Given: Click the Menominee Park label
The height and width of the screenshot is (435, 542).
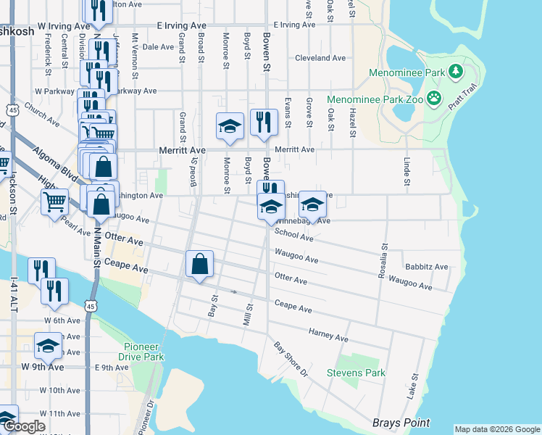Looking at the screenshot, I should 406,72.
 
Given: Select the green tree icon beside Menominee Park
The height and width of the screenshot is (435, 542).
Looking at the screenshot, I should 456,71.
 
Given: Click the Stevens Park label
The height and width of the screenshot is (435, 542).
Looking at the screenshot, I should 356,373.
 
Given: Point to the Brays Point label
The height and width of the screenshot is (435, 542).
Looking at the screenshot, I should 401,423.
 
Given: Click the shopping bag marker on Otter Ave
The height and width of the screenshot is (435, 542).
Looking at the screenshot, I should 199,265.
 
